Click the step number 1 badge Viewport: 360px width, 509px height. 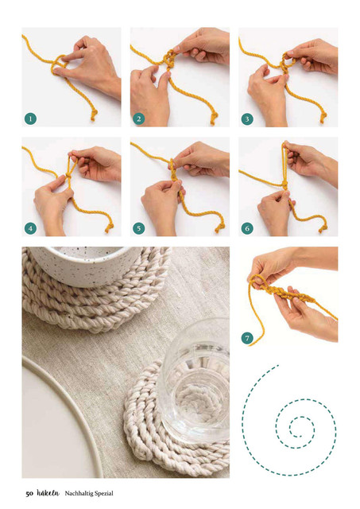coord(30,119)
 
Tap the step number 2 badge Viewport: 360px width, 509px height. coord(139,119)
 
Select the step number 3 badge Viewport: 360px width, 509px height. coord(247,119)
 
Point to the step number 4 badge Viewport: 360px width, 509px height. coord(30,228)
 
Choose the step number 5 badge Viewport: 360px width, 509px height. coord(139,228)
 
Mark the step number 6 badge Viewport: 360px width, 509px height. coord(247,228)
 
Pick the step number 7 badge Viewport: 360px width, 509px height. coord(247,338)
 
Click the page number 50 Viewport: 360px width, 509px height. coord(29,494)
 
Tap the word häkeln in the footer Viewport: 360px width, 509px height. coord(48,493)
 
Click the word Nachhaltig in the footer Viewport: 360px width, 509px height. coord(77,493)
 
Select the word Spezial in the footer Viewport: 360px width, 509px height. coord(103,493)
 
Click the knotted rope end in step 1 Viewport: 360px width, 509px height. coord(94,115)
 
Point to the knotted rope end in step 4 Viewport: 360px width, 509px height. coord(109,227)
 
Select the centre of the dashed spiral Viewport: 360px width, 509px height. coord(300,436)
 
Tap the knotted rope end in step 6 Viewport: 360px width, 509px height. coord(323,228)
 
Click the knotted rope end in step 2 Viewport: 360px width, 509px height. coord(214,119)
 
